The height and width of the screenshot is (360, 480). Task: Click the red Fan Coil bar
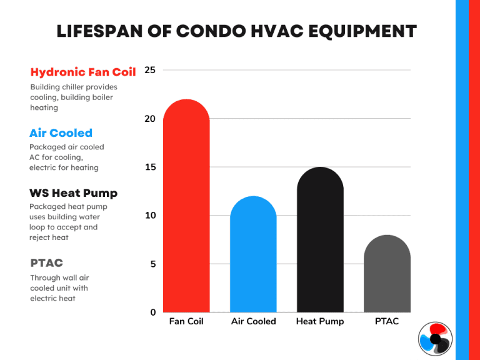coord(186,206)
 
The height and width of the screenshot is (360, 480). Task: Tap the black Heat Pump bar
coord(320,240)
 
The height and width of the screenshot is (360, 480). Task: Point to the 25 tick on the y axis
coord(150,70)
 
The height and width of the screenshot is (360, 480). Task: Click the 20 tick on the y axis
coord(150,119)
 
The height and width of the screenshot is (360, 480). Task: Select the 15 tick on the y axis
coord(150,167)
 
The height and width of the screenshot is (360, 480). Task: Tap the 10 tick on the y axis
coord(150,216)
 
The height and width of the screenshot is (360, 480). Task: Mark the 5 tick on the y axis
coord(152,264)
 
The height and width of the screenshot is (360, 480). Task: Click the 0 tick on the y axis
coord(152,312)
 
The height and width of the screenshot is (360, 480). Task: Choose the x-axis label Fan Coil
coord(186,321)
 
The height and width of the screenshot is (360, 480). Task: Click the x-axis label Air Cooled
coord(253,321)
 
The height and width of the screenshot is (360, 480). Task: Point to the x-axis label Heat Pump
coord(320,321)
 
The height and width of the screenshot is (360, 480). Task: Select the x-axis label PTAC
coord(387,321)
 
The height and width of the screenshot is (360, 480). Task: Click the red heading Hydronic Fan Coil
coord(83,72)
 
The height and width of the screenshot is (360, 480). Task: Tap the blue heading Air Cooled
coord(61,132)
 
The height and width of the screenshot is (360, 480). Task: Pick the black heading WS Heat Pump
coord(74,192)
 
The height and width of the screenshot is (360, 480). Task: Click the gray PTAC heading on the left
coord(47,263)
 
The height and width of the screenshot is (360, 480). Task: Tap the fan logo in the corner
coord(436,339)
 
